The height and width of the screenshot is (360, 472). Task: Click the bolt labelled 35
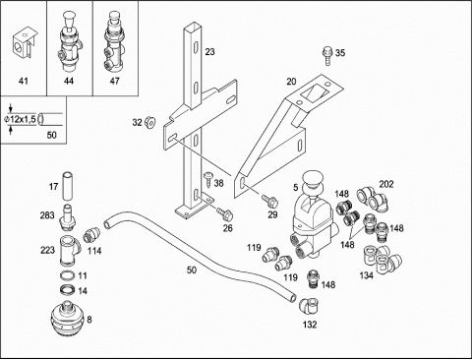(327, 56)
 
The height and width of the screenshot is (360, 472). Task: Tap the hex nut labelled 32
(150, 122)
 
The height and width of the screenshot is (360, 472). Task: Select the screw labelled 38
(207, 180)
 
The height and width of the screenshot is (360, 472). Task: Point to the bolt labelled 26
(225, 213)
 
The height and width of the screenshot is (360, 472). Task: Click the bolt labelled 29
(269, 202)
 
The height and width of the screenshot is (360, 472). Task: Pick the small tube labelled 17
(67, 186)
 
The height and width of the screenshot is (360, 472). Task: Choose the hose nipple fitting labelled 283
(67, 215)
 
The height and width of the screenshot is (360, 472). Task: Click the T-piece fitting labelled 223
(70, 251)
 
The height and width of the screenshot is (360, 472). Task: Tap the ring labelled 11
(68, 275)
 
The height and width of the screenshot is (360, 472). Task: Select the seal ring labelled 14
(68, 290)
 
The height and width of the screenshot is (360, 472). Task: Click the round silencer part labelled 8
(68, 320)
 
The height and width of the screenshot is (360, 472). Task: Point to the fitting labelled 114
(90, 235)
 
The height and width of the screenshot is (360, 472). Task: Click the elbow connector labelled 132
(309, 306)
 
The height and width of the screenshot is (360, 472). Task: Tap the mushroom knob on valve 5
(314, 181)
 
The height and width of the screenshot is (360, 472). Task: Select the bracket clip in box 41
(24, 45)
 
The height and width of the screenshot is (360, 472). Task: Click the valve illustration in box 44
(69, 43)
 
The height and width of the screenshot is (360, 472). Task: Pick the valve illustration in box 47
(114, 42)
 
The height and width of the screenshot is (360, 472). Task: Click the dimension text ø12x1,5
(20, 119)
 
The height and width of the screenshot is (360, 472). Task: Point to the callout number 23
(209, 52)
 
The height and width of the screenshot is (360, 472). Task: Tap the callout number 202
(386, 184)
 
